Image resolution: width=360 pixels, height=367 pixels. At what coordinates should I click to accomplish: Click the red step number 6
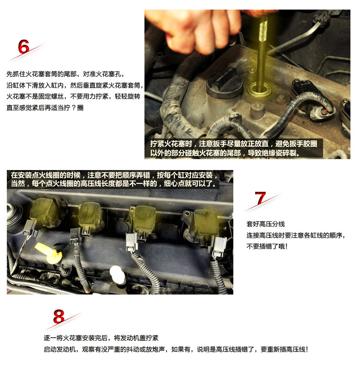[24, 47]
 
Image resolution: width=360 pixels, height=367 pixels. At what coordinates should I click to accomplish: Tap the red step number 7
[260, 198]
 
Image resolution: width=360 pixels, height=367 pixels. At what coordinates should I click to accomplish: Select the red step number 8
[58, 316]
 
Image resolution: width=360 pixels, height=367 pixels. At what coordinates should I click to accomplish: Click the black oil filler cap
[224, 83]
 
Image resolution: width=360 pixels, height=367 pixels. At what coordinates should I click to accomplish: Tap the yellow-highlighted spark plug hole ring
[260, 90]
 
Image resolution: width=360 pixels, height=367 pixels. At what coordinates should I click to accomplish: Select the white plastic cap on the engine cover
[117, 274]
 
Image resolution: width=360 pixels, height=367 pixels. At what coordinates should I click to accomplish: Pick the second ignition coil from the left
[91, 216]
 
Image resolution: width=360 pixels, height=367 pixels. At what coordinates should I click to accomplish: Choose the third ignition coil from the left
[143, 220]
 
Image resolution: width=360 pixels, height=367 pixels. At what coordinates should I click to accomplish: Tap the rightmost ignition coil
[204, 225]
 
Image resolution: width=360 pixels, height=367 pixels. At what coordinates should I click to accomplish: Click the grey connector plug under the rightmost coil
[219, 247]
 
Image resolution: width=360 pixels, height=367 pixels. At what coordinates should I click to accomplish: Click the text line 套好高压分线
[266, 224]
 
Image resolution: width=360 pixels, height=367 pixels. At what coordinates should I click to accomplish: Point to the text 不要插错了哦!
[267, 246]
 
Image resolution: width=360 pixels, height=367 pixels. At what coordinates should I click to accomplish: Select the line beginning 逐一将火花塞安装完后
[101, 338]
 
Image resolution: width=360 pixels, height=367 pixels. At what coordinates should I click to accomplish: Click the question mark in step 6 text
[73, 108]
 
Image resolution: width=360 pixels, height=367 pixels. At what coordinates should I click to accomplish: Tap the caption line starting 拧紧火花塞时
[234, 144]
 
